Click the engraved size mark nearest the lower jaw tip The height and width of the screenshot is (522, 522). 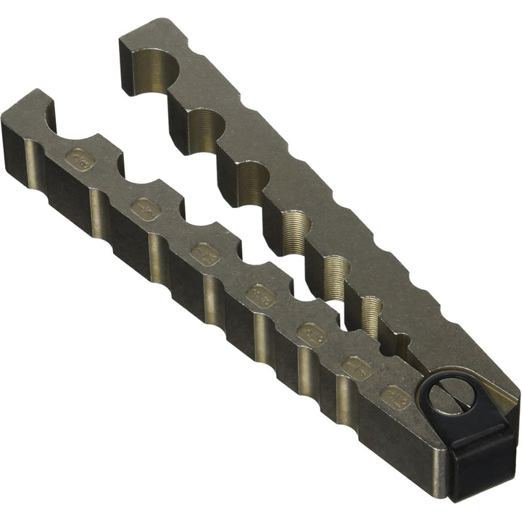80,158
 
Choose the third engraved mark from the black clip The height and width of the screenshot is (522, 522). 310,331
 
